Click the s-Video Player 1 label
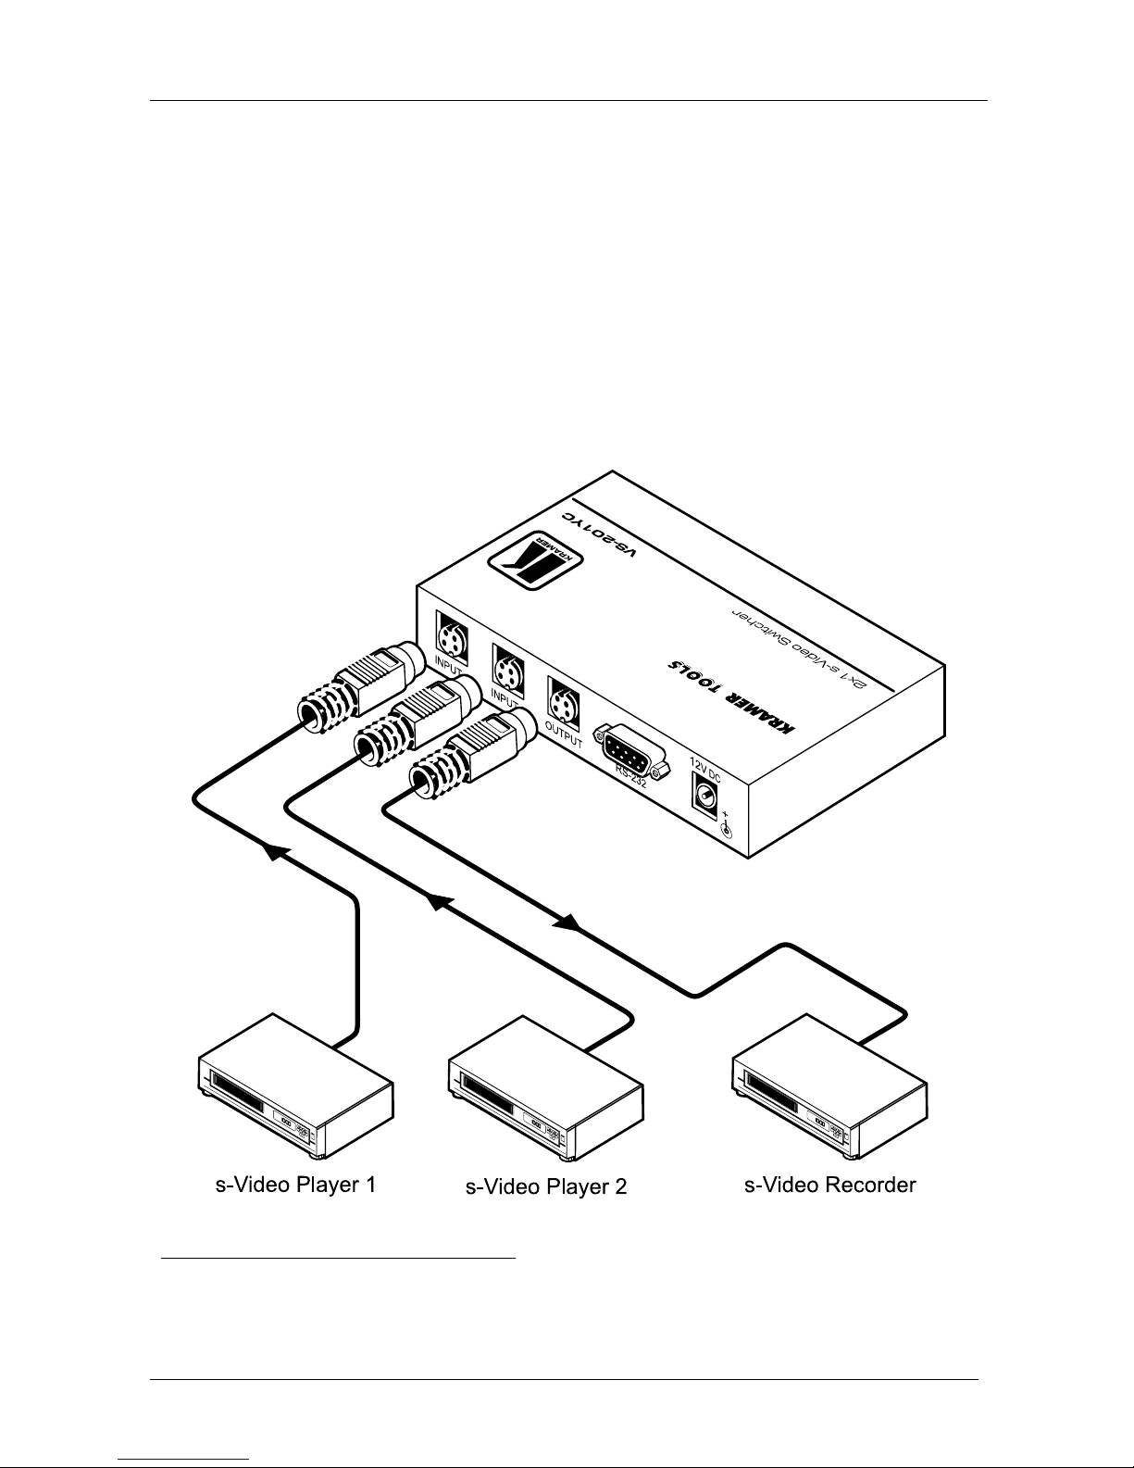(x=295, y=1184)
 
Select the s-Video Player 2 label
(x=546, y=1186)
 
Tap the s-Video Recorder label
(x=830, y=1184)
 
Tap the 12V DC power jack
(x=705, y=796)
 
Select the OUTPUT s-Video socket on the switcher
(x=562, y=697)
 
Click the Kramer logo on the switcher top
(x=524, y=559)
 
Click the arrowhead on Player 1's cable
(x=272, y=852)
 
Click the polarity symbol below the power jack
(x=727, y=825)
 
